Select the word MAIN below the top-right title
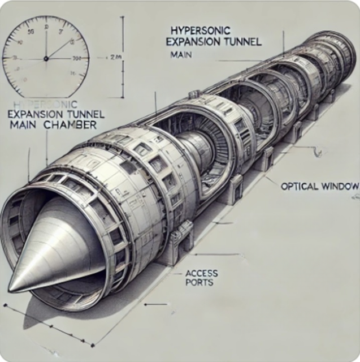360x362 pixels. pyautogui.click(x=181, y=55)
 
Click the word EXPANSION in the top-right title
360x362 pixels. pyautogui.click(x=193, y=42)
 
